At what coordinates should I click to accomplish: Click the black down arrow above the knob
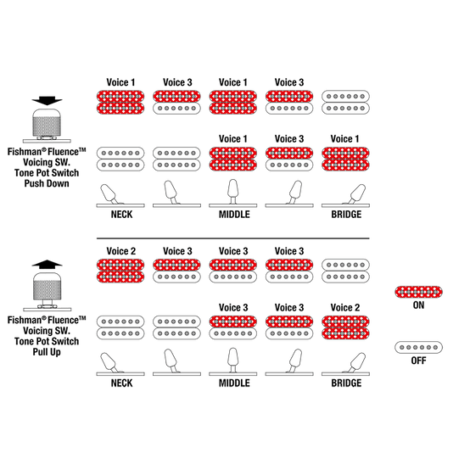coord(47,101)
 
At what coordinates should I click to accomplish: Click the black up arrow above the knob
coord(47,264)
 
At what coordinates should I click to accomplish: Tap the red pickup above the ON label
coord(418,292)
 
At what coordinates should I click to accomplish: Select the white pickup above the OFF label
coord(418,347)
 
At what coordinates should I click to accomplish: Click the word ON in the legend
coord(418,305)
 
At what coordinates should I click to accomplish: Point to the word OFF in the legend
coord(418,361)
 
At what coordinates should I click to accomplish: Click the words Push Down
coord(47,183)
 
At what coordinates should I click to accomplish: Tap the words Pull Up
coord(47,352)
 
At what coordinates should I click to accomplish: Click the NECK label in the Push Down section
coord(121,215)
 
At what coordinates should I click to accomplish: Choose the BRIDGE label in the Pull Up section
coord(346,383)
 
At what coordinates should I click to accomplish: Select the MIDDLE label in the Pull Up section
coord(234,383)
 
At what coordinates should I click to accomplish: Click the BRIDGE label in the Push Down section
coord(346,215)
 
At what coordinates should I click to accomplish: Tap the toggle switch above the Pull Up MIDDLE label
coord(233,360)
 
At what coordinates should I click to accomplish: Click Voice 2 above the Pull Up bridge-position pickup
coord(345,308)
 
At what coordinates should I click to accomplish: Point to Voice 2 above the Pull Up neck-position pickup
coord(121,251)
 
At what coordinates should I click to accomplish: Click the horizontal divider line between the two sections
coord(233,238)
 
